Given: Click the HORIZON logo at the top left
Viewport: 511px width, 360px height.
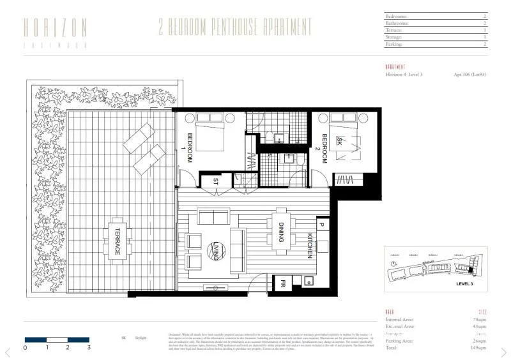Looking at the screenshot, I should point(55,31).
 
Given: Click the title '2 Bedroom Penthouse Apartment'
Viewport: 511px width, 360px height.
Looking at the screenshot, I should point(236,27).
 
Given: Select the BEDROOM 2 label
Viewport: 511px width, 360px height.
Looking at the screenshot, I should point(324,147).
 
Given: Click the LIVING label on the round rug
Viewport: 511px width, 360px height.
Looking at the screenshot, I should point(216,248).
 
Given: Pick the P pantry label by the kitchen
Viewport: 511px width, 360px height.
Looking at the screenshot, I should point(321,225).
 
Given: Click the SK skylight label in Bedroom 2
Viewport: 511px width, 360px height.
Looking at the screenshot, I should point(340,143).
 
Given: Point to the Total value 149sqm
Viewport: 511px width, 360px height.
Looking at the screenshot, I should point(478,348).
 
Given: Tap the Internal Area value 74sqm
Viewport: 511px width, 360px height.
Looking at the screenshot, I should point(479,319).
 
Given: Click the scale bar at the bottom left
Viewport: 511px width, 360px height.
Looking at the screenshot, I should point(56,338).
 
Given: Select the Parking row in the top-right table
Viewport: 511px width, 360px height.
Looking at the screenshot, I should point(436,45).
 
